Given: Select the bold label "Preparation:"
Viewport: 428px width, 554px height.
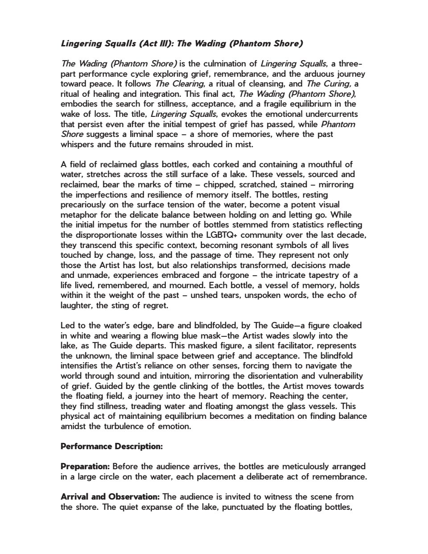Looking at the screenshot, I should tap(85, 466).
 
